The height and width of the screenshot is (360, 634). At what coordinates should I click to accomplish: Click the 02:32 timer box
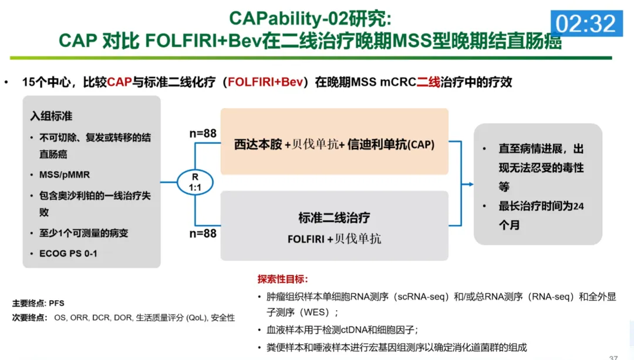(x=586, y=23)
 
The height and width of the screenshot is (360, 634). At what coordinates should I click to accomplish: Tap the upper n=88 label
(x=203, y=133)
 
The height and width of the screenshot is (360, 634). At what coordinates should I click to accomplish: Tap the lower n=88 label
(x=203, y=233)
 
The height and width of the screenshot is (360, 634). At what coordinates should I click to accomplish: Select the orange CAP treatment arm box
(x=334, y=142)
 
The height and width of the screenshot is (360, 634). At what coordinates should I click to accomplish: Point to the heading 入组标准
(x=52, y=116)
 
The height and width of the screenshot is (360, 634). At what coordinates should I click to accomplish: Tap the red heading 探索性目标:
(x=282, y=279)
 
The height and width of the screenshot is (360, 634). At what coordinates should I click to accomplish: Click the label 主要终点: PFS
(x=38, y=303)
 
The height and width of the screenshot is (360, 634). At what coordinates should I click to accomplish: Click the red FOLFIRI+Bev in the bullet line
(x=267, y=82)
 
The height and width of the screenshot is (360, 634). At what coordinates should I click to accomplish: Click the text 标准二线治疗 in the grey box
(x=334, y=218)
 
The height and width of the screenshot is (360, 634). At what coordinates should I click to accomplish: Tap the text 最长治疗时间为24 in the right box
(x=541, y=206)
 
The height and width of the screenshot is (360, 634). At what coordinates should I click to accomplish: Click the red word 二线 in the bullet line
(x=428, y=82)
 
